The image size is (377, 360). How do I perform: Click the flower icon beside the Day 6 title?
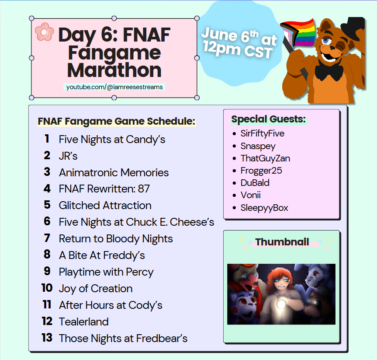[x=44, y=31]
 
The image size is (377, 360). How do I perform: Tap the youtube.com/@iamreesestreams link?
[x=114, y=87]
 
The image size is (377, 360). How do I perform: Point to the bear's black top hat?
[x=356, y=27]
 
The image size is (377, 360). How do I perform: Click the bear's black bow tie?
[x=328, y=70]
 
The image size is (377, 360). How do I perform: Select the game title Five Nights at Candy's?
[x=112, y=140]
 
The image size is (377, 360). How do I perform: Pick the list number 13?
[x=47, y=338]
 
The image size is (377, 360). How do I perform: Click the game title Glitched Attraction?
[x=105, y=206]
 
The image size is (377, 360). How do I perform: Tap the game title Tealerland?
[x=83, y=322]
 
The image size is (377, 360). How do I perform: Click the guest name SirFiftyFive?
[x=262, y=133]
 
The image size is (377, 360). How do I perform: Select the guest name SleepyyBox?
[x=264, y=208]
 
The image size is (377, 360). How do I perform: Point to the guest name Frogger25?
[x=261, y=171]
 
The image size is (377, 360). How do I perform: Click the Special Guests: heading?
[x=268, y=119]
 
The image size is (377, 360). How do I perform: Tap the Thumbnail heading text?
[x=282, y=242]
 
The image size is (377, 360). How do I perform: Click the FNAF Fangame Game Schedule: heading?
[x=116, y=121]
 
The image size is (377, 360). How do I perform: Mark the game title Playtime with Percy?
[x=106, y=272]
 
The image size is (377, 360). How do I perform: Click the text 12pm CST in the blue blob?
[x=238, y=49]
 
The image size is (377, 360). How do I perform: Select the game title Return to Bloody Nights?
[x=116, y=239]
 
